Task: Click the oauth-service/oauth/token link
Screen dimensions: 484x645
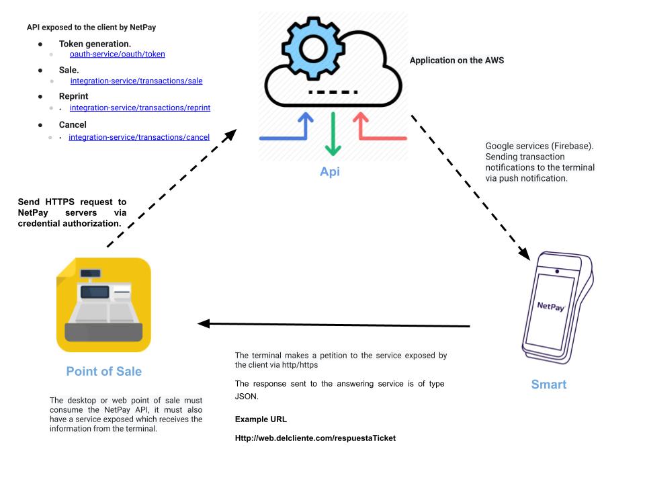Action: point(117,54)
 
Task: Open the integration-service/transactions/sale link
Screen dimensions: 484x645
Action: point(136,81)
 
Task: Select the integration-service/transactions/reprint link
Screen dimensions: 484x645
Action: point(140,108)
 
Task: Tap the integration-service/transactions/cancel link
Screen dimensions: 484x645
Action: point(139,137)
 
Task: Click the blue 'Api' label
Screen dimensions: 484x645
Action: point(329,171)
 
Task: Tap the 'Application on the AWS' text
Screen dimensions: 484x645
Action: point(457,60)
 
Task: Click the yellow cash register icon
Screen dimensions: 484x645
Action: point(103,305)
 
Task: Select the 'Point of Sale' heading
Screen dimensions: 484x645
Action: point(103,371)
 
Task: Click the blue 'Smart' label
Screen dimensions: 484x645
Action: point(548,385)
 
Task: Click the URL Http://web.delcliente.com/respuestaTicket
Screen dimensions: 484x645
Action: point(315,438)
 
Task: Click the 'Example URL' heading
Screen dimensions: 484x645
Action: point(261,419)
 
